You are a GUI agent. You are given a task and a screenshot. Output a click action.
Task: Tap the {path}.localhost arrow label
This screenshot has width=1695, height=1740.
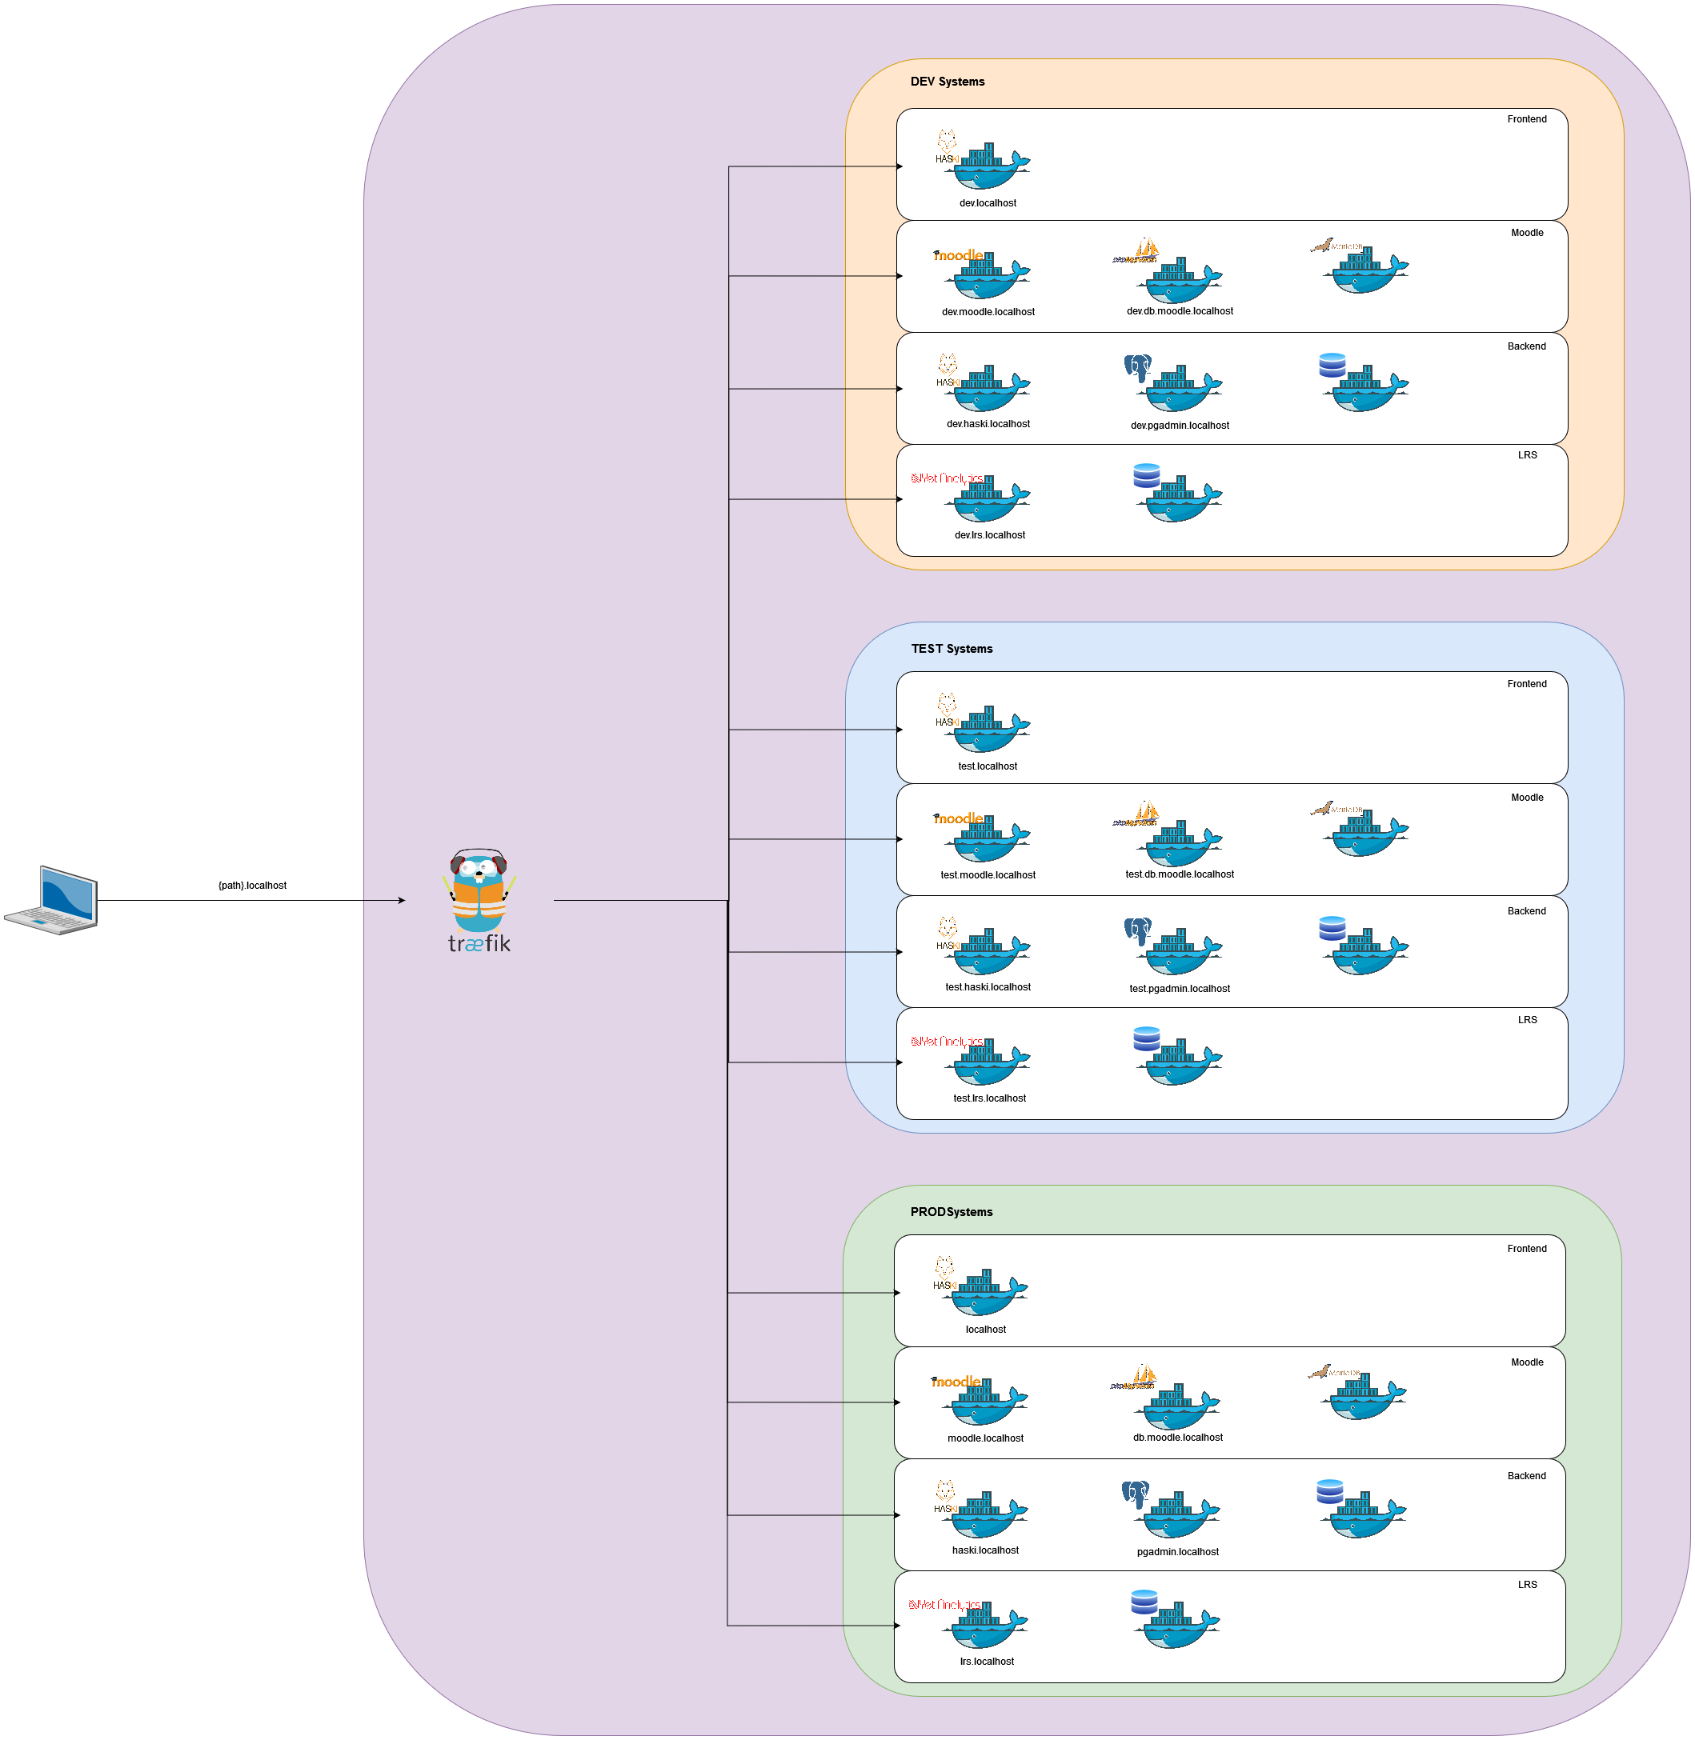point(252,886)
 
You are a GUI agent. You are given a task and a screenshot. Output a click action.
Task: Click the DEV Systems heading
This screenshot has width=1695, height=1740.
point(948,82)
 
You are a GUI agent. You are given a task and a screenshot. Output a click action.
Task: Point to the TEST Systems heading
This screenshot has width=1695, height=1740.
point(952,649)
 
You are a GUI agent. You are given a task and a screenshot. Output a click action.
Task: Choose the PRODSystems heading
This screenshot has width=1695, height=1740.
point(951,1212)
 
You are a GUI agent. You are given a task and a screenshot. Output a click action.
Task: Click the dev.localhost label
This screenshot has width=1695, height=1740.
point(988,203)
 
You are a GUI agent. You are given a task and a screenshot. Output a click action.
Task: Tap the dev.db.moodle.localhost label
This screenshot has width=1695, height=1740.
point(1180,311)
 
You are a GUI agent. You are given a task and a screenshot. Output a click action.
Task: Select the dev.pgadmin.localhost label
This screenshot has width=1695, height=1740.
point(1180,426)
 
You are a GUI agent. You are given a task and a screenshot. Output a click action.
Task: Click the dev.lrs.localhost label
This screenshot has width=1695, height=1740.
point(989,535)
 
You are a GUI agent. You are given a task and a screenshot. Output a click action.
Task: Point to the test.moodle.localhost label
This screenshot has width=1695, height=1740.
point(988,875)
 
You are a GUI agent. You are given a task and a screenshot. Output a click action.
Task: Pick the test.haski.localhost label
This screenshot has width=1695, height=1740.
point(988,987)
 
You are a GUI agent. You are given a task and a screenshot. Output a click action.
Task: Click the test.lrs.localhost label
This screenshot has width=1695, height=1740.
point(989,1098)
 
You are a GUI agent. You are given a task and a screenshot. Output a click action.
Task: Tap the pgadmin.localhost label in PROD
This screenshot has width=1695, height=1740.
point(1177,1551)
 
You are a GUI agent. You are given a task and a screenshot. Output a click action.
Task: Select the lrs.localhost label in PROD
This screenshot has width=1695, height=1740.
point(987,1662)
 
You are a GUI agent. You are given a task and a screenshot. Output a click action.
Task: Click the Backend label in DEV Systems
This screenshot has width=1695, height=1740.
point(1526,346)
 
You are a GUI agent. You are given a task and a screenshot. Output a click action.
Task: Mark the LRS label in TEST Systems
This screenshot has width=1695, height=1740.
point(1527,1020)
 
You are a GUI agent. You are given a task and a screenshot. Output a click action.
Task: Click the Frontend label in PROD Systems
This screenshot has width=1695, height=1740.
point(1526,1249)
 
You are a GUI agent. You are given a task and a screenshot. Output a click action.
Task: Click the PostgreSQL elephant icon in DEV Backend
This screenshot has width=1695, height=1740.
point(1137,367)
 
